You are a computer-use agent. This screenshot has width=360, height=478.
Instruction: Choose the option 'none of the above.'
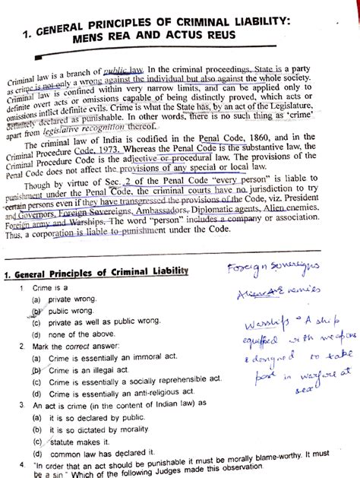tap(83, 334)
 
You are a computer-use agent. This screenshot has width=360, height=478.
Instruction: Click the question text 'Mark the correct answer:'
tap(80, 347)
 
